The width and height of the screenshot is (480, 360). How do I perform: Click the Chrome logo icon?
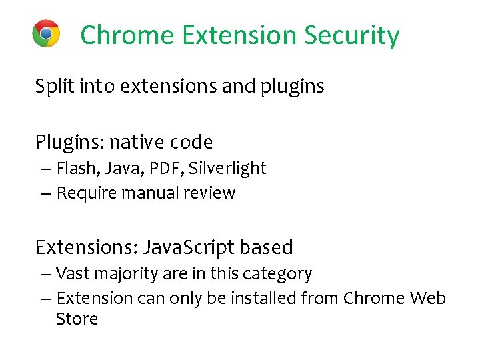pyautogui.click(x=46, y=33)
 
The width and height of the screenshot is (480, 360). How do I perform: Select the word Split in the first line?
pyautogui.click(x=51, y=87)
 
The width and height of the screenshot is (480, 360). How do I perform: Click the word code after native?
pyautogui.click(x=191, y=142)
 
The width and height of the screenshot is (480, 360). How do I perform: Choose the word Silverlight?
pyautogui.click(x=227, y=169)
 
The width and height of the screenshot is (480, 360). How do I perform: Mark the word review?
pyautogui.click(x=210, y=193)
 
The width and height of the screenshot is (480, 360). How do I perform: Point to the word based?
pyautogui.click(x=266, y=247)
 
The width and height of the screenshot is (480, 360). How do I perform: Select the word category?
pyautogui.click(x=280, y=274)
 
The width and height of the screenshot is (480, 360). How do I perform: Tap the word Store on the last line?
pyautogui.click(x=77, y=319)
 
